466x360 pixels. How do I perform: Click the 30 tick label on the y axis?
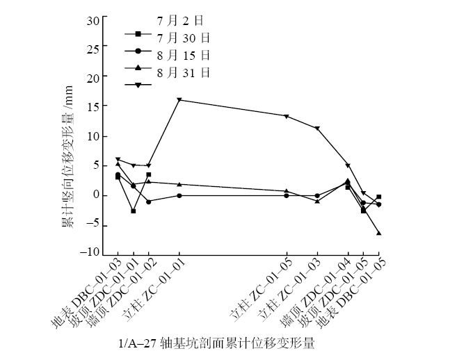(94, 19)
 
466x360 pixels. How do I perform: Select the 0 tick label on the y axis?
(97, 195)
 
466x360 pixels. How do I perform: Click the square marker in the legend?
(138, 33)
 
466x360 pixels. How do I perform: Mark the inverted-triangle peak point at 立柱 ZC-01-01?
(179, 100)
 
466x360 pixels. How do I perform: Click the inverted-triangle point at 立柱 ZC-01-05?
(287, 116)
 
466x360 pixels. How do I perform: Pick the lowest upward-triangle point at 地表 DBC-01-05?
(378, 233)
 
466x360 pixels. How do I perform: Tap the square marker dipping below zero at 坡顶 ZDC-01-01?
(134, 211)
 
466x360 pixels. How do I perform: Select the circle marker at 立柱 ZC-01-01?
(179, 195)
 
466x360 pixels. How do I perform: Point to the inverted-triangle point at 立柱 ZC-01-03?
(317, 129)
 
